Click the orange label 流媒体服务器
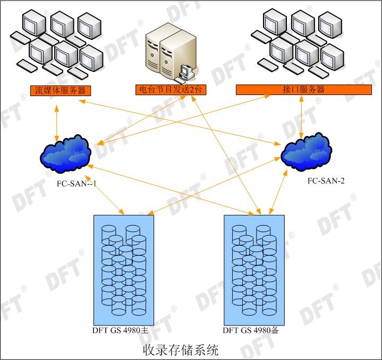[60, 91]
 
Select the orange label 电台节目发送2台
[170, 90]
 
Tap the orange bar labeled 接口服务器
[303, 90]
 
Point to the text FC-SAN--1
[80, 184]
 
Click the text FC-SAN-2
[326, 181]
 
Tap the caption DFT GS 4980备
[251, 330]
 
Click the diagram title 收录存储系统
[181, 350]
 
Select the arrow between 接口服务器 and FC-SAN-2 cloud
[302, 117]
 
